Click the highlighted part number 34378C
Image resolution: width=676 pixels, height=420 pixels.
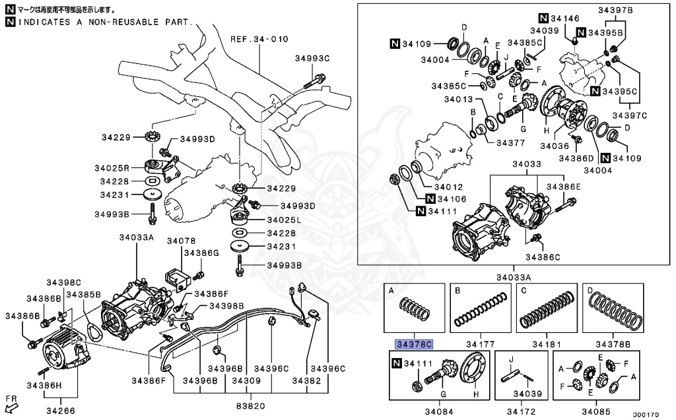coord(414,344)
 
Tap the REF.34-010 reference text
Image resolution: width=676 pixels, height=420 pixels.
coord(259,40)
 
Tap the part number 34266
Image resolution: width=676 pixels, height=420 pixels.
coord(60,411)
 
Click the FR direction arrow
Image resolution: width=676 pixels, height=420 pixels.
coord(11,402)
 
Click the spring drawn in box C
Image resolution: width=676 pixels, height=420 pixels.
coord(545,308)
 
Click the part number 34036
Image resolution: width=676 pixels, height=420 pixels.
coord(555,146)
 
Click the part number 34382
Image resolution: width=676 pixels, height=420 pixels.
coord(290,380)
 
